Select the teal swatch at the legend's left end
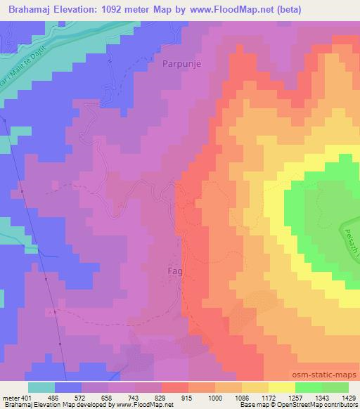[41, 387]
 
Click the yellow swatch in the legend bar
[281, 387]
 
